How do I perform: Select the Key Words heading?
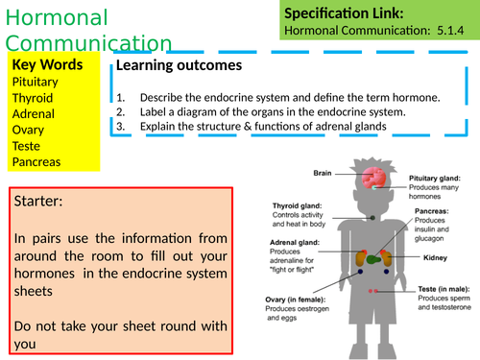pos(48,65)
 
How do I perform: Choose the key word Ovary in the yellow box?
pos(30,130)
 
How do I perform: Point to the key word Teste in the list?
pos(28,146)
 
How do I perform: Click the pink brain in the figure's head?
pos(375,179)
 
